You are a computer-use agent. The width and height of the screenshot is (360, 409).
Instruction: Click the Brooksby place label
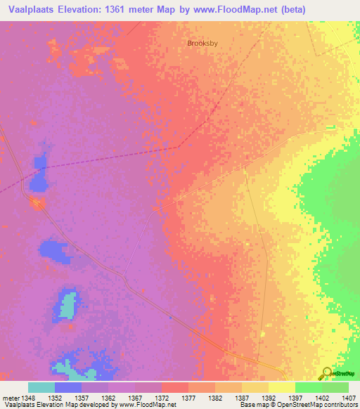pyautogui.click(x=202, y=43)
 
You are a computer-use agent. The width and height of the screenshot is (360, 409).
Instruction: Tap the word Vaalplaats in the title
pyautogui.click(x=32, y=9)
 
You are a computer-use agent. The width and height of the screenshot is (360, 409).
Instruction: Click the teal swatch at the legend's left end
pyautogui.click(x=41, y=387)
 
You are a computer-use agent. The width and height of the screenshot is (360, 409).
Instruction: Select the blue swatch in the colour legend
pyautogui.click(x=68, y=387)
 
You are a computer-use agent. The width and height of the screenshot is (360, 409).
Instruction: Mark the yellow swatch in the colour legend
pyautogui.click(x=282, y=387)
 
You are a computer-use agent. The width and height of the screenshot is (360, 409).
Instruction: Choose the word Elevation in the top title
pyautogui.click(x=88, y=9)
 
